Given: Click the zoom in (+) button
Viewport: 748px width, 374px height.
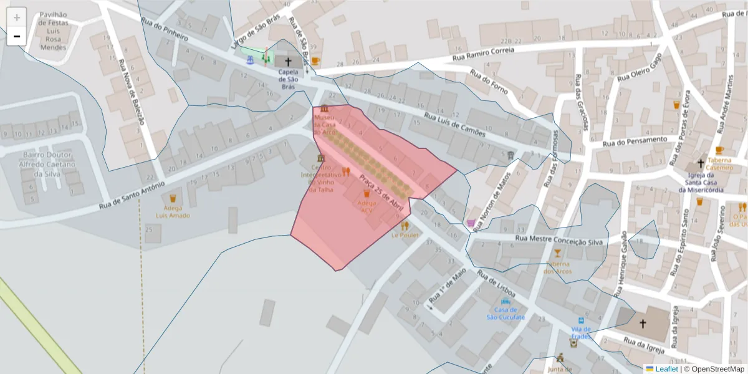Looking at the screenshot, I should [17, 17].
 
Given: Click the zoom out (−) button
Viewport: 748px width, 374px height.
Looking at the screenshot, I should [17, 36].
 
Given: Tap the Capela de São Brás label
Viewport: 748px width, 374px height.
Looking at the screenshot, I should [288, 79].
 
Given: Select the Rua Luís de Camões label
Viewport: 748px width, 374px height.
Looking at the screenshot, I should [454, 125].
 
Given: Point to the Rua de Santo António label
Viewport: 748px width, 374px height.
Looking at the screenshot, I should [132, 194].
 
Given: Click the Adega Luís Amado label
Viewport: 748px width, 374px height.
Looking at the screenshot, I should [173, 212].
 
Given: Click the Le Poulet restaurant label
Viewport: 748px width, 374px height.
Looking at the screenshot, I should [405, 235].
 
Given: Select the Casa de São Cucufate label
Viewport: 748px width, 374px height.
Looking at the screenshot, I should [506, 313].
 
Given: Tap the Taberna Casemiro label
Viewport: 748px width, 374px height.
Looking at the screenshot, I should [719, 163].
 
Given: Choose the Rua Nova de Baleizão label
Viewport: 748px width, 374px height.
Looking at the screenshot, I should [132, 90].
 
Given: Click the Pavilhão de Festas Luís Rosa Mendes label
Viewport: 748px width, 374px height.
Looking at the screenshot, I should [52, 31].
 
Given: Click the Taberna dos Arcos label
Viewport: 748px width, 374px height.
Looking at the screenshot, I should [557, 267].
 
